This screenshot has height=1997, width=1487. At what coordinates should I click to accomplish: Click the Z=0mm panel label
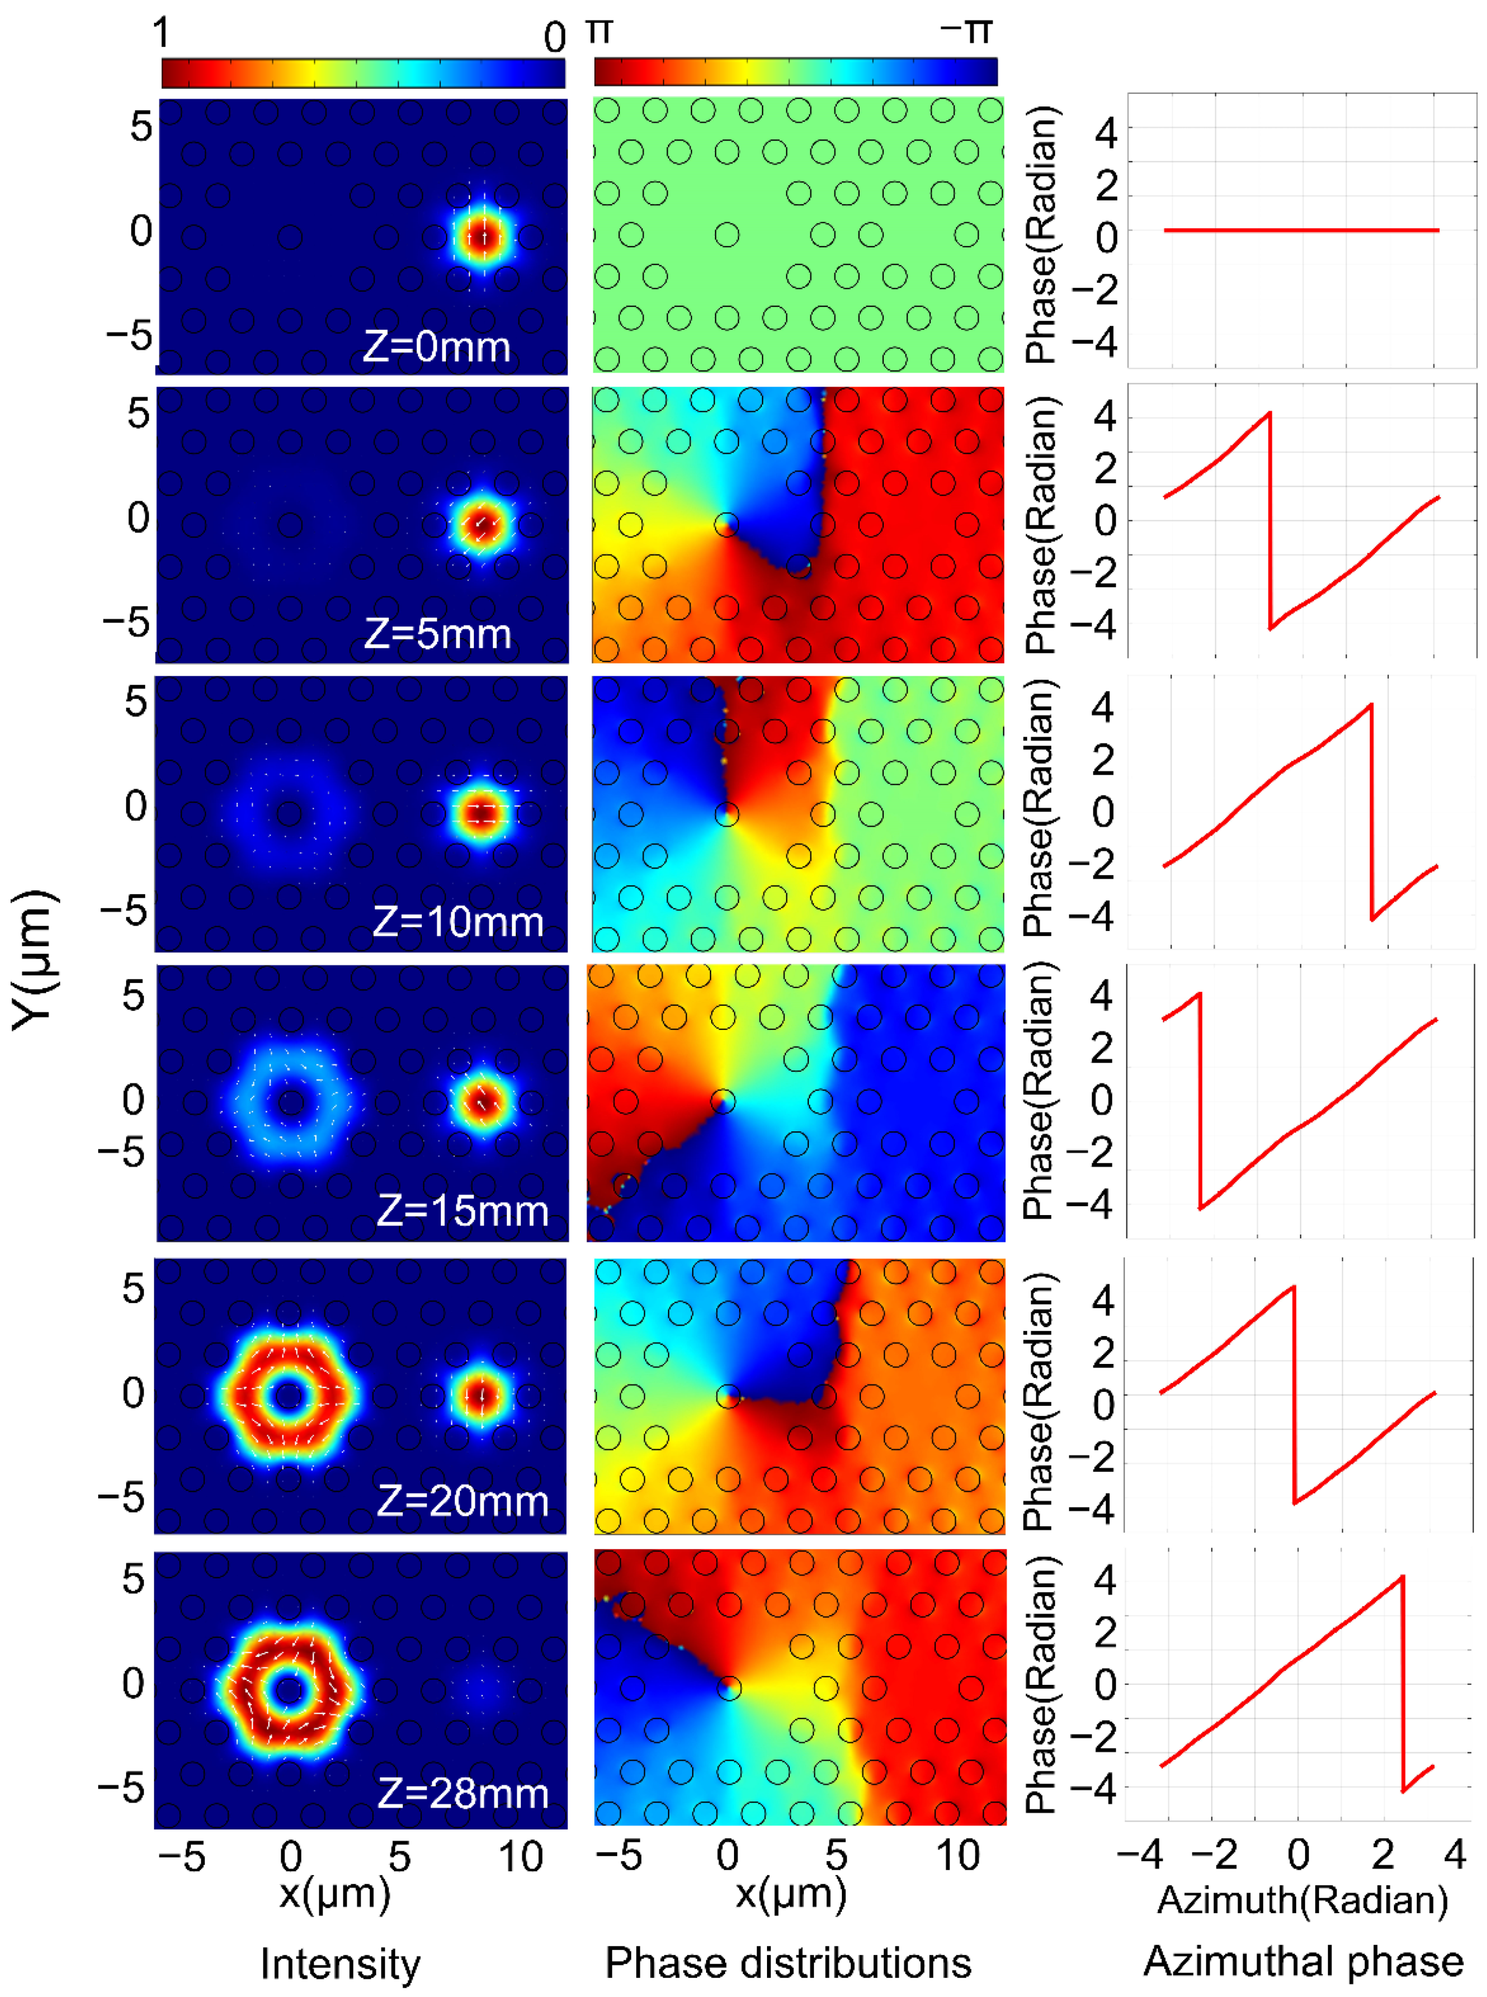[x=437, y=346]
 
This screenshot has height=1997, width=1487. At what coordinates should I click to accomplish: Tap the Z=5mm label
[x=437, y=635]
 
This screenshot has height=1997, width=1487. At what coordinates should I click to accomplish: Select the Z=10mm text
[x=457, y=923]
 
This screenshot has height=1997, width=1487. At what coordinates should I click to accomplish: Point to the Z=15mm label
[x=462, y=1211]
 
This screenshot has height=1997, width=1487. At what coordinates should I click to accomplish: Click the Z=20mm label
[x=462, y=1501]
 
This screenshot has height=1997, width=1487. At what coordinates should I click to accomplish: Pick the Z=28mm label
[x=462, y=1793]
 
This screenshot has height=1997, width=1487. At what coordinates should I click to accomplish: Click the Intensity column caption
[x=340, y=1964]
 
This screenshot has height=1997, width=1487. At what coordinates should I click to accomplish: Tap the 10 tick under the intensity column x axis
[x=520, y=1856]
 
